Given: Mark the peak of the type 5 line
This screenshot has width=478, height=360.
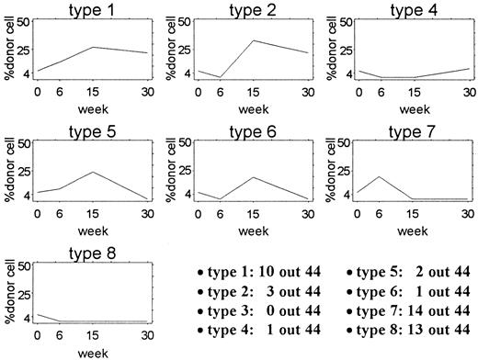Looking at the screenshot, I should point(92,172).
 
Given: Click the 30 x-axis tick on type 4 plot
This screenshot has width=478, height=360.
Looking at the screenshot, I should point(469,93).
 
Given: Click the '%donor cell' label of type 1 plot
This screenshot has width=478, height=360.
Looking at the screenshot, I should point(8,51).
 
